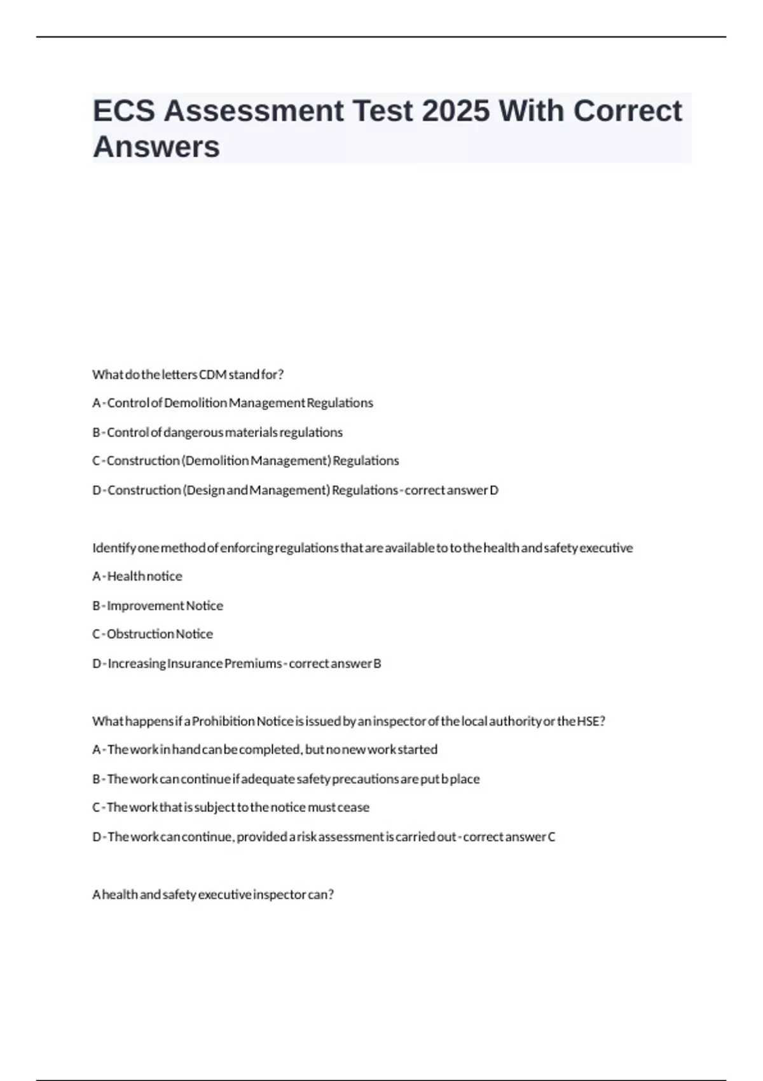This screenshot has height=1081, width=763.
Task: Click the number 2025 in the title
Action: click(x=455, y=111)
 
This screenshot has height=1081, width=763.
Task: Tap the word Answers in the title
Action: click(x=156, y=147)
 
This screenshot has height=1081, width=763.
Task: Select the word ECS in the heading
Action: click(x=124, y=111)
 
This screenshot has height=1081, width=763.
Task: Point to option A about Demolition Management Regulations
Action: click(x=233, y=403)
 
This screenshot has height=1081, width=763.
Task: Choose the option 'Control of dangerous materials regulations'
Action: click(x=217, y=432)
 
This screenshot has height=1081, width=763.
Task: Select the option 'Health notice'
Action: click(x=137, y=576)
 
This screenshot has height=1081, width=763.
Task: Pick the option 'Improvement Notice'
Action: click(x=158, y=605)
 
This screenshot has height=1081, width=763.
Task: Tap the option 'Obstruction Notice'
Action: click(x=153, y=634)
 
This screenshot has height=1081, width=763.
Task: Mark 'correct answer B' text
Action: click(x=335, y=663)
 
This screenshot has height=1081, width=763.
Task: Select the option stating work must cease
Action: click(x=231, y=808)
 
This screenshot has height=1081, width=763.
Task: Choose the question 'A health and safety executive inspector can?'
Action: click(x=213, y=895)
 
